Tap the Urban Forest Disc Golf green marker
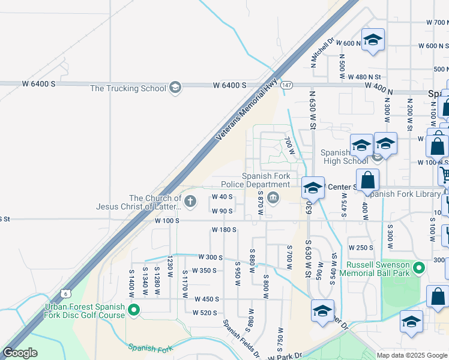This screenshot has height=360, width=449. pyautogui.click(x=134, y=310)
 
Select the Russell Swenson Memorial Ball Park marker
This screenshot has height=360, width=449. pyautogui.click(x=420, y=268)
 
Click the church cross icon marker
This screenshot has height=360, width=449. pyautogui.click(x=190, y=202)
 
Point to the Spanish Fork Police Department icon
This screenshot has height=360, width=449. pyautogui.click(x=273, y=198)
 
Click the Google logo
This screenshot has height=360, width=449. pyautogui.click(x=20, y=353)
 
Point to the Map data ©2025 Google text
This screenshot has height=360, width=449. pyautogui.click(x=411, y=355)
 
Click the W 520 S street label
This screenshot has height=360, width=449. pyautogui.click(x=204, y=313)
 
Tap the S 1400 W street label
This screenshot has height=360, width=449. pyautogui.click(x=131, y=281)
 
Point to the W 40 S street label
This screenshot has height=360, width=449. pyautogui.click(x=221, y=197)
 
